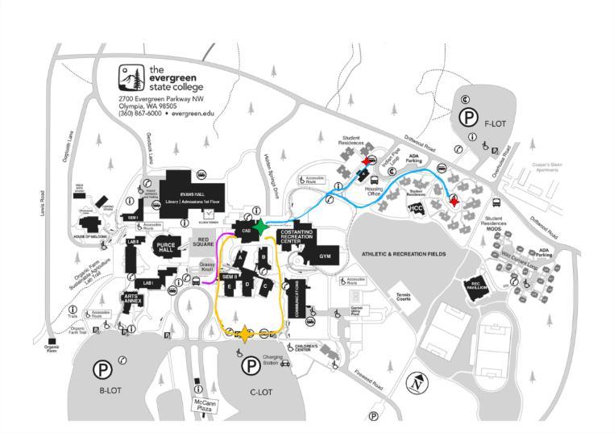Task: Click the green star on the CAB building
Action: [261, 226]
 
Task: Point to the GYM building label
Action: [326, 256]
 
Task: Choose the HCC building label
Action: [416, 206]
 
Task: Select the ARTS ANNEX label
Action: [132, 299]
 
